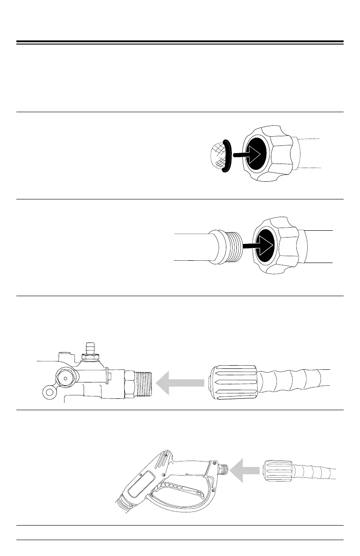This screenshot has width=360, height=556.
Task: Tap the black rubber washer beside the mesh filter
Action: pyautogui.click(x=227, y=156)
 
